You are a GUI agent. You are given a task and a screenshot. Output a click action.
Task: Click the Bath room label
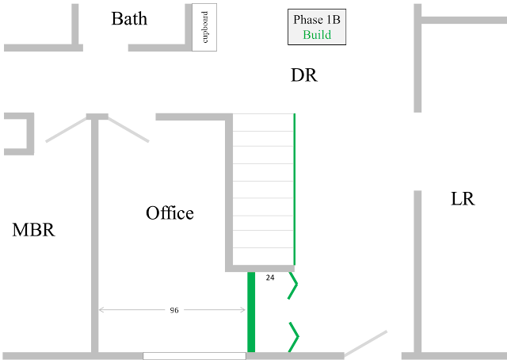pyautogui.click(x=129, y=19)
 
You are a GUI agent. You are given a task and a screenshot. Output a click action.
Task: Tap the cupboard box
pyautogui.click(x=204, y=27)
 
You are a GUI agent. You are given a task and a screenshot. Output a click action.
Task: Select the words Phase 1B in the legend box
pyautogui.click(x=317, y=20)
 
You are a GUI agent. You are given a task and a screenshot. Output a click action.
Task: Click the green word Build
pyautogui.click(x=317, y=35)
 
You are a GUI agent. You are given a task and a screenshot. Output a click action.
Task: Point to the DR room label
pyautogui.click(x=304, y=75)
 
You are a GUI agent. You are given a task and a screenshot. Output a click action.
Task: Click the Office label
pyautogui.click(x=170, y=213)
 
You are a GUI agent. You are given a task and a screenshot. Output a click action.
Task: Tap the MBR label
pyautogui.click(x=33, y=230)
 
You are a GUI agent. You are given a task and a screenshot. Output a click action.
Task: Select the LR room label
pyautogui.click(x=463, y=199)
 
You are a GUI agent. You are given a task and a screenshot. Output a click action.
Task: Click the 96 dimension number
pyautogui.click(x=174, y=311)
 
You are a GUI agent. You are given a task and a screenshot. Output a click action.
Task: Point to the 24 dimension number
pyautogui.click(x=270, y=278)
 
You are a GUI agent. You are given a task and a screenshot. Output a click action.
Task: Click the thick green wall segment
pyautogui.click(x=251, y=312)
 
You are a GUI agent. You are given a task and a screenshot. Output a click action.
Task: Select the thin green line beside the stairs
pyautogui.click(x=294, y=189)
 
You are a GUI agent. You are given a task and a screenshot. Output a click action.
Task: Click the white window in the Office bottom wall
pyautogui.click(x=194, y=356)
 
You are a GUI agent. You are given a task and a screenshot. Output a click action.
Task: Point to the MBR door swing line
pyautogui.click(x=67, y=129)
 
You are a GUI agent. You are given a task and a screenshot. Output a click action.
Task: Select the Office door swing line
pyautogui.click(x=128, y=129)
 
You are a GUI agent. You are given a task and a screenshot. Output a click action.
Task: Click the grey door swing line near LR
pyautogui.click(x=366, y=343)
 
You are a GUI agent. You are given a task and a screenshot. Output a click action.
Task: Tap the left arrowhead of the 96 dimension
pyautogui.click(x=101, y=310)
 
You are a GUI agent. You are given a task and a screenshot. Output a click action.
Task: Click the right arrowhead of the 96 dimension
pyautogui.click(x=243, y=310)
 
